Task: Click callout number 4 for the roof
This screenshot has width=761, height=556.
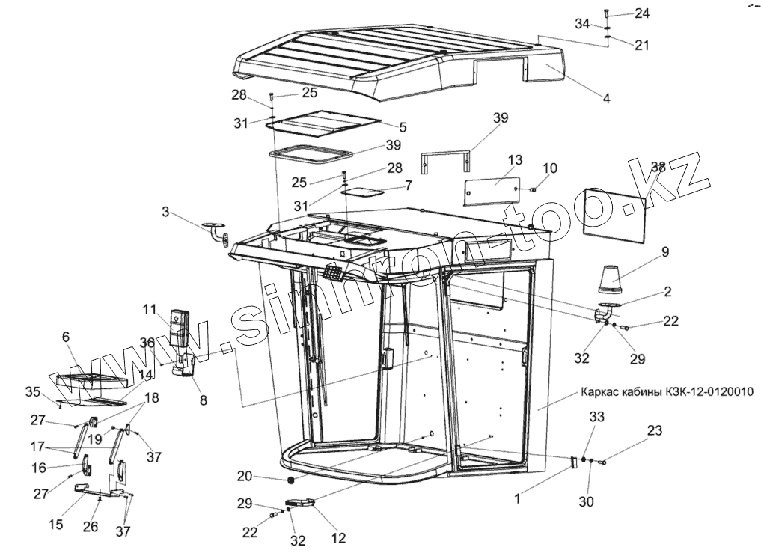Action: tap(606, 98)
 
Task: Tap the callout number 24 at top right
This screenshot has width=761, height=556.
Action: tap(643, 13)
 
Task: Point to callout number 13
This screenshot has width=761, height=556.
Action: tap(514, 160)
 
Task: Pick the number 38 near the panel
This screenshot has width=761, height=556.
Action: tap(658, 167)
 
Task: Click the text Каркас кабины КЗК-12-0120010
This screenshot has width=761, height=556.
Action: tap(667, 391)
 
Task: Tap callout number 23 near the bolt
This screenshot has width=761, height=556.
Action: tap(655, 430)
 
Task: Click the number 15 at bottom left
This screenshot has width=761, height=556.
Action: tap(55, 525)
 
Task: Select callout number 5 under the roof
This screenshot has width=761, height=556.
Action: tap(403, 127)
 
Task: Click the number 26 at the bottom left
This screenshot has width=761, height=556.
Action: tap(91, 527)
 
